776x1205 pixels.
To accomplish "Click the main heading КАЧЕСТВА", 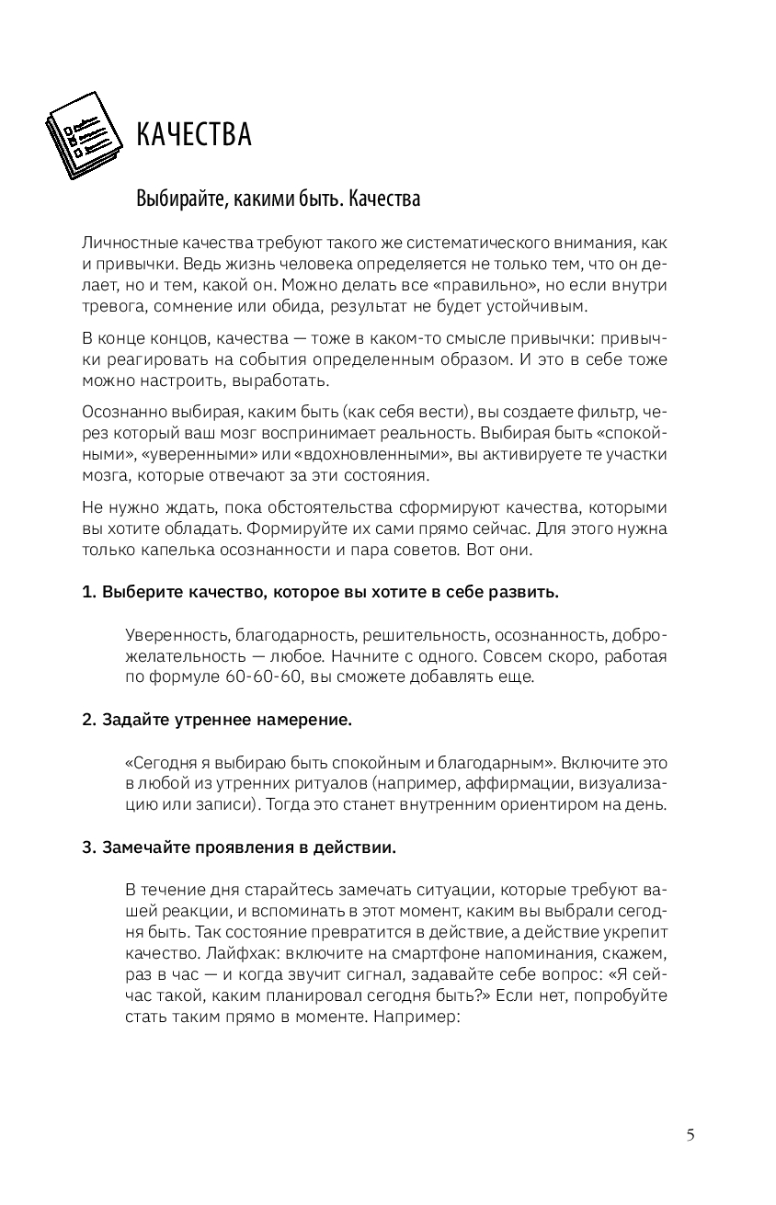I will (x=193, y=135).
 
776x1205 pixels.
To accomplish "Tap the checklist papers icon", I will (x=85, y=135).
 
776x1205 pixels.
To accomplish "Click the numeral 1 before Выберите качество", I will (x=87, y=591).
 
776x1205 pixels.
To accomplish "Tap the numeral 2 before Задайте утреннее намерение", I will (x=87, y=720).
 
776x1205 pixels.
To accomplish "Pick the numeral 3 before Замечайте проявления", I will (x=87, y=847).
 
